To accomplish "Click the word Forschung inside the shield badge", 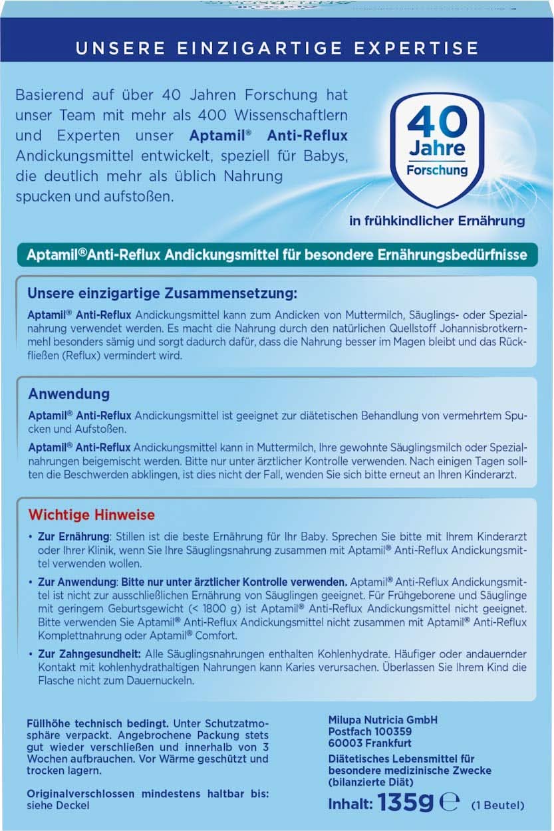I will pos(437,170).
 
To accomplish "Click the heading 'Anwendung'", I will pos(69,394).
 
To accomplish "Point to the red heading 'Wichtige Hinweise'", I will pos(91,515).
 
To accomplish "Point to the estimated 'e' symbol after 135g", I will pos(450,803).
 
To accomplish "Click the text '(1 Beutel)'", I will pos(497,805).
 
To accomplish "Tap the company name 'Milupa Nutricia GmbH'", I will pos(383,720).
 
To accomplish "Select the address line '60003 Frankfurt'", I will pos(370,743).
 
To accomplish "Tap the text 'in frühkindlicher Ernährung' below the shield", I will pos(437,221).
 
